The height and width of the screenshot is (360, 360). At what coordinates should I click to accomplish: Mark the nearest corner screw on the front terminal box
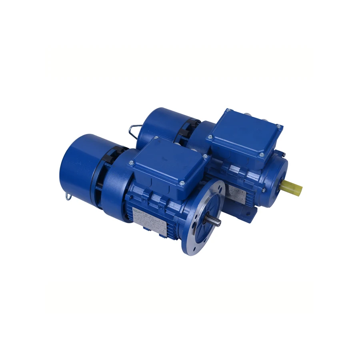pos(182,183)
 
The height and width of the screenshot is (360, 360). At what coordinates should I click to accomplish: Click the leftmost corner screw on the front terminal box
pos(131,162)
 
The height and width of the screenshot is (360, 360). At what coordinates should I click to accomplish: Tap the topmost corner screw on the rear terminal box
pos(228,110)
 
